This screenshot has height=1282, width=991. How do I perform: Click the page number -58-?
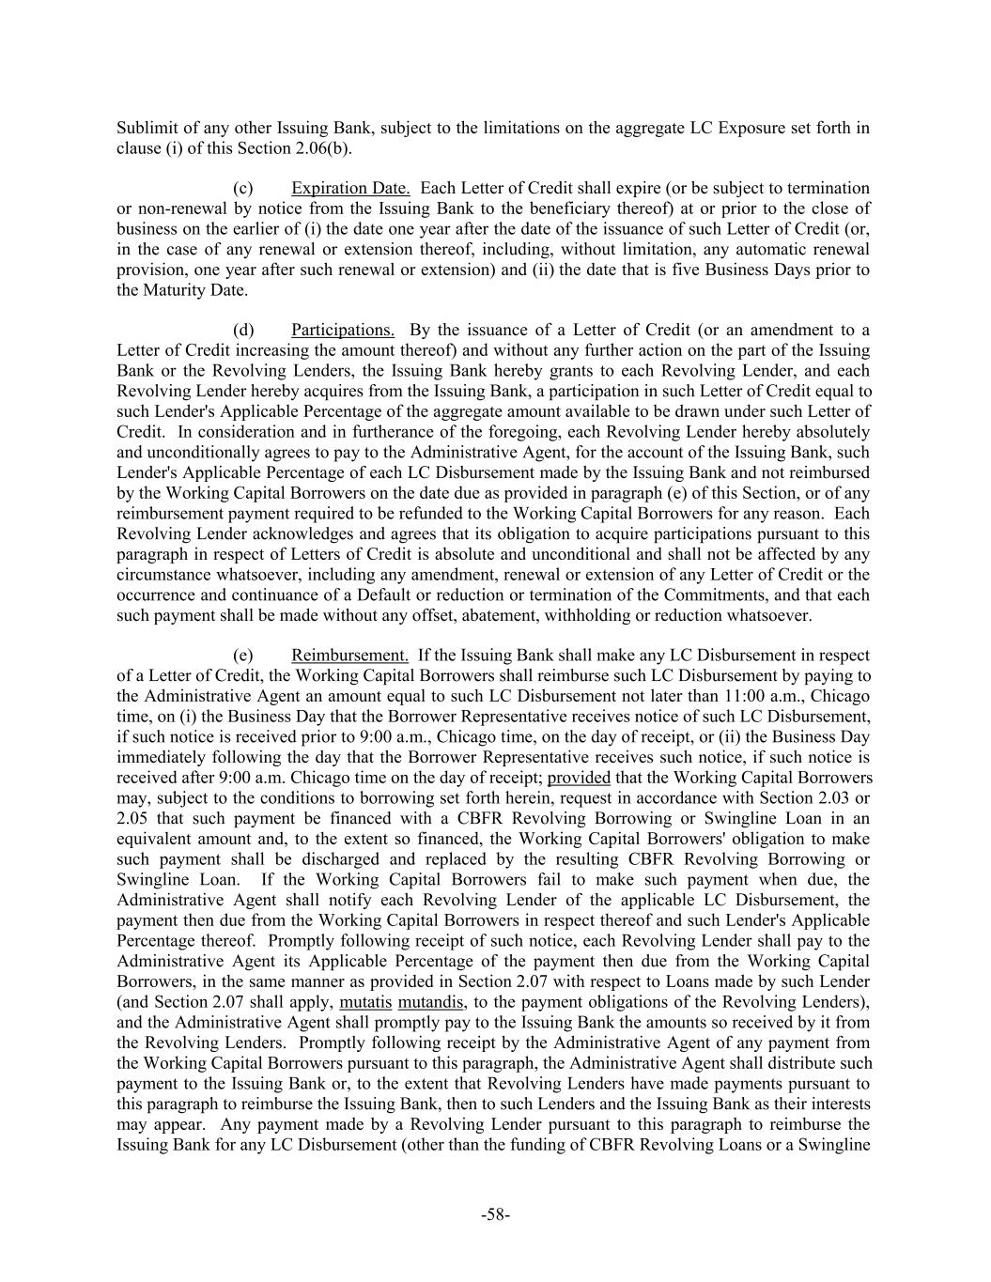(x=495, y=1214)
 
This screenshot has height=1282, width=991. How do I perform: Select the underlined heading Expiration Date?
(x=350, y=188)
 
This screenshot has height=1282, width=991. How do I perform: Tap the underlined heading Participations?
(x=343, y=330)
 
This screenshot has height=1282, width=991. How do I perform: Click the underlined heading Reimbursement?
(x=349, y=655)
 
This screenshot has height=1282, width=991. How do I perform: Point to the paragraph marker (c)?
(x=242, y=188)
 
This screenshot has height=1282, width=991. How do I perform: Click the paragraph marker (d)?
(x=242, y=330)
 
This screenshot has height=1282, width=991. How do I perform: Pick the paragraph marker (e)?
(x=242, y=655)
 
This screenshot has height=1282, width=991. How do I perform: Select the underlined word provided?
(x=579, y=778)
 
